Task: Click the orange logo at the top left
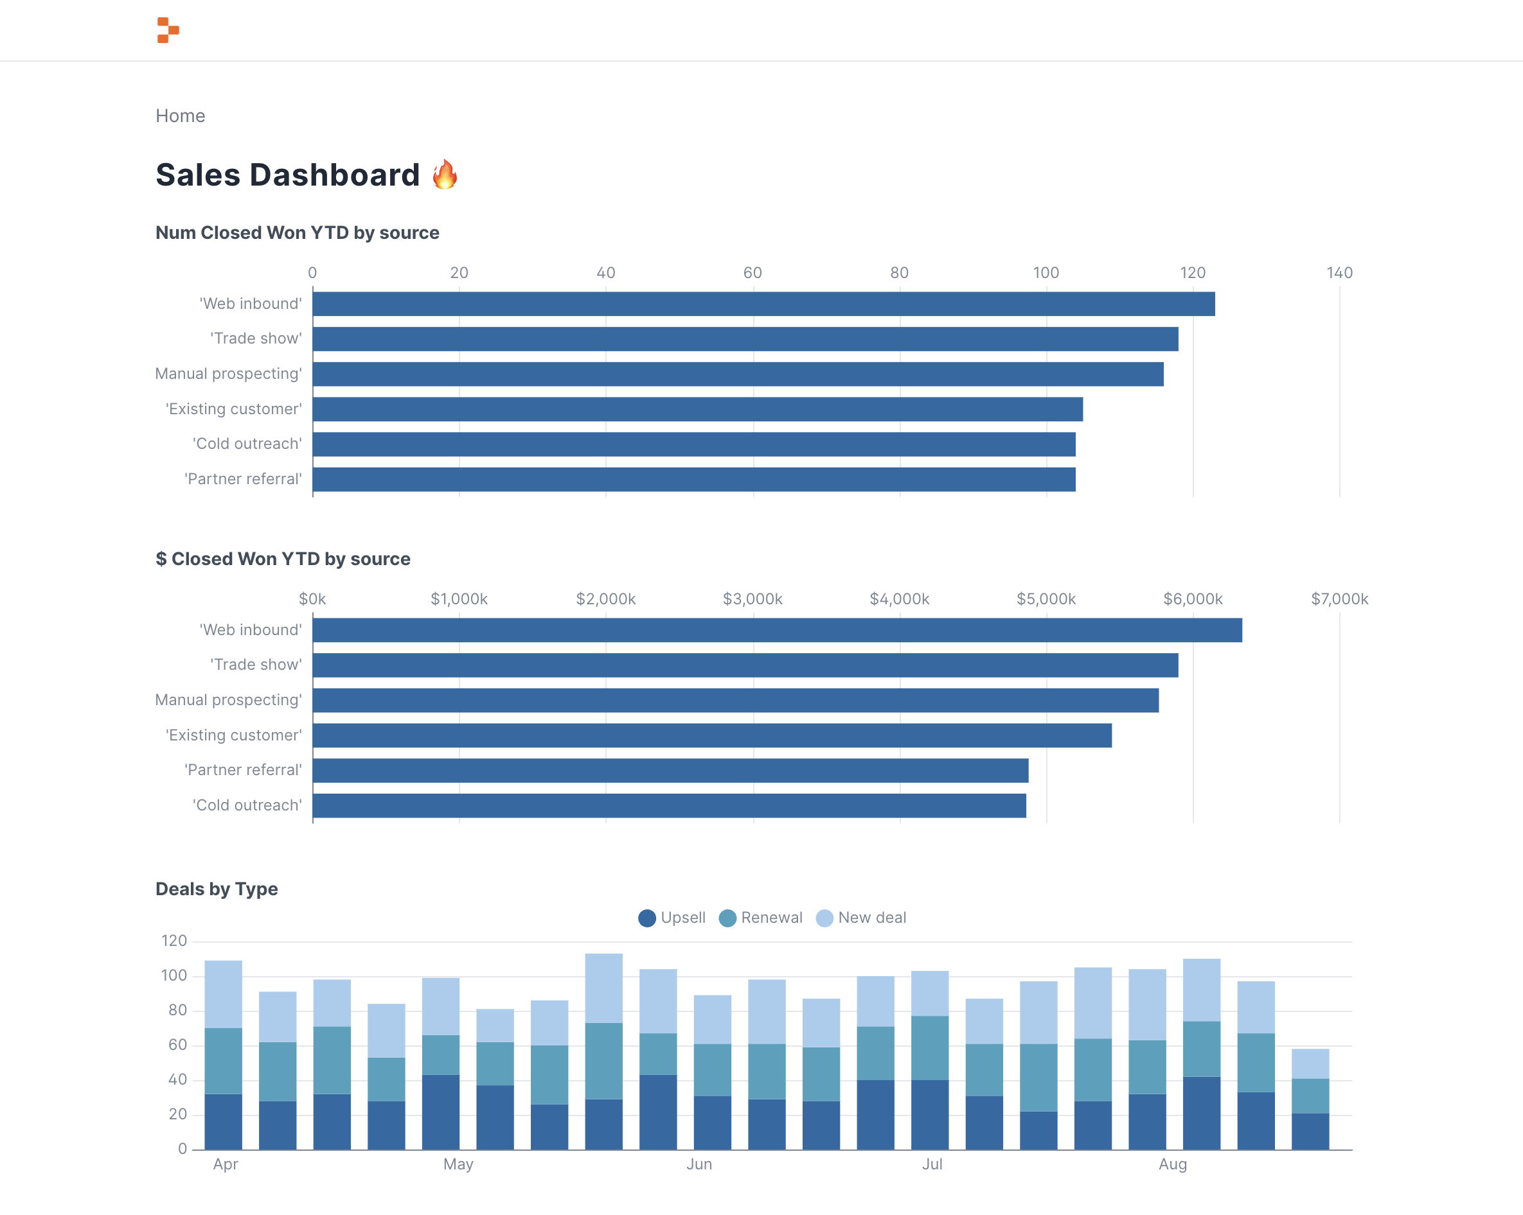pyautogui.click(x=168, y=30)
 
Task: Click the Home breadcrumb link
pyautogui.click(x=180, y=116)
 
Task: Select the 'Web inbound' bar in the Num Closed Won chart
pyautogui.click(x=763, y=304)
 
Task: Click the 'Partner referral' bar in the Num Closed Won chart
pyautogui.click(x=693, y=479)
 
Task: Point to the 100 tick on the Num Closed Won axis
pyautogui.click(x=1046, y=272)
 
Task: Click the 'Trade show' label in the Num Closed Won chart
pyautogui.click(x=256, y=339)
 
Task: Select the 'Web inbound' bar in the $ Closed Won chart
pyautogui.click(x=777, y=630)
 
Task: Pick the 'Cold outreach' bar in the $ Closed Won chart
pyautogui.click(x=669, y=805)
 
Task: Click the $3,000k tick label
pyautogui.click(x=753, y=599)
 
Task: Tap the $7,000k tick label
pyautogui.click(x=1339, y=599)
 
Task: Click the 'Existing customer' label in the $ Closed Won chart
pyautogui.click(x=233, y=735)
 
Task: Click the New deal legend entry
pyautogui.click(x=861, y=918)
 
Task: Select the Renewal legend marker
pyautogui.click(x=727, y=918)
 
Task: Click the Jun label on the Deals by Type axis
pyautogui.click(x=699, y=1164)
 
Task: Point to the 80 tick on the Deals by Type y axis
pyautogui.click(x=177, y=1010)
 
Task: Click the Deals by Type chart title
pyautogui.click(x=216, y=889)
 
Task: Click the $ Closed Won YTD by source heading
pyautogui.click(x=283, y=559)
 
